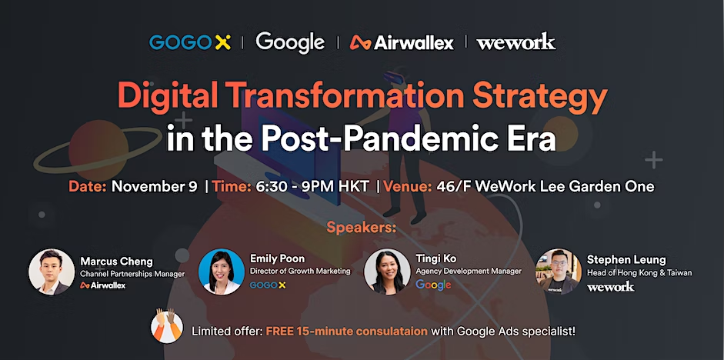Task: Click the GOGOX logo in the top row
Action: [x=190, y=42]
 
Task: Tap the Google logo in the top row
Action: [x=290, y=43]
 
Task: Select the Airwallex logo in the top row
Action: [x=402, y=43]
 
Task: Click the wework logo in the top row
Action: [x=515, y=42]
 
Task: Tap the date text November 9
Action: [x=154, y=186]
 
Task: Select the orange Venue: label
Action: [x=408, y=186]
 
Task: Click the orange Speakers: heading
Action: [x=362, y=228]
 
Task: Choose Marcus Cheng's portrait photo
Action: [x=52, y=272]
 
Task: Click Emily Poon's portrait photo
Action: [x=221, y=272]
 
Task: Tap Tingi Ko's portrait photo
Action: [x=387, y=272]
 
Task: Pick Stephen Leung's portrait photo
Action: [x=559, y=272]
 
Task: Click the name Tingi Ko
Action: [x=436, y=259]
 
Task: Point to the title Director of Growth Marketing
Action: [x=300, y=272]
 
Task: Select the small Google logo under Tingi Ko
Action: [x=433, y=285]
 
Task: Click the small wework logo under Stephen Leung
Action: [x=610, y=287]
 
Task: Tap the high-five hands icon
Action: [x=167, y=326]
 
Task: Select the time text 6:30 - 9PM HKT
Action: [x=310, y=186]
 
